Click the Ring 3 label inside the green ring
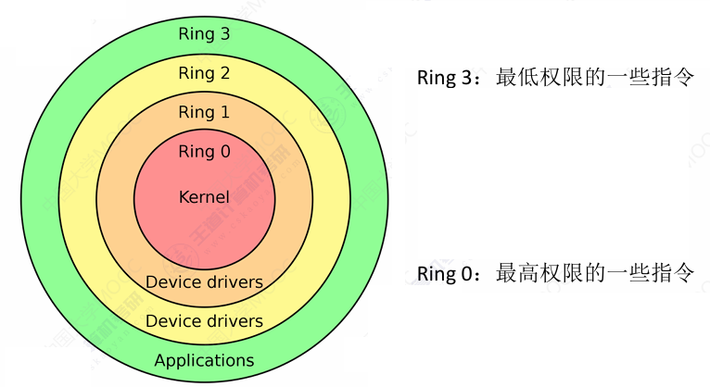(204, 34)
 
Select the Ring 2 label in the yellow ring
(204, 73)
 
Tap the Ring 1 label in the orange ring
(204, 112)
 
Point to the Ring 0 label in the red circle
(204, 152)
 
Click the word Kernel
(204, 196)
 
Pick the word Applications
(204, 360)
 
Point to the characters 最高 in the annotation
(517, 273)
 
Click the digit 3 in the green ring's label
(224, 34)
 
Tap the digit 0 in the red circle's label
(224, 152)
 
